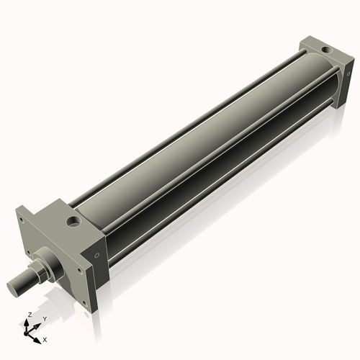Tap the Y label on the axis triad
tap(44, 319)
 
